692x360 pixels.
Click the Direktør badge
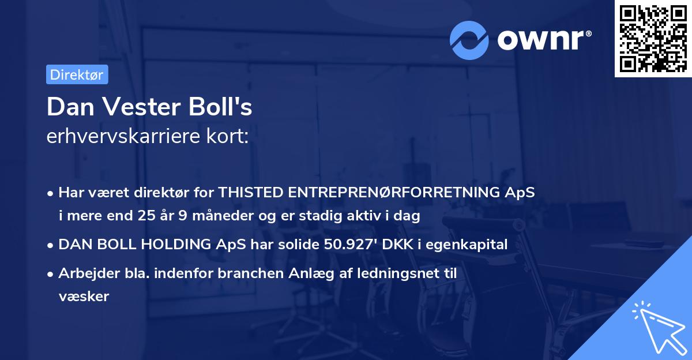click(77, 74)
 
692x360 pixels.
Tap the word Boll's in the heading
click(225, 107)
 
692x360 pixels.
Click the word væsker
click(84, 297)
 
